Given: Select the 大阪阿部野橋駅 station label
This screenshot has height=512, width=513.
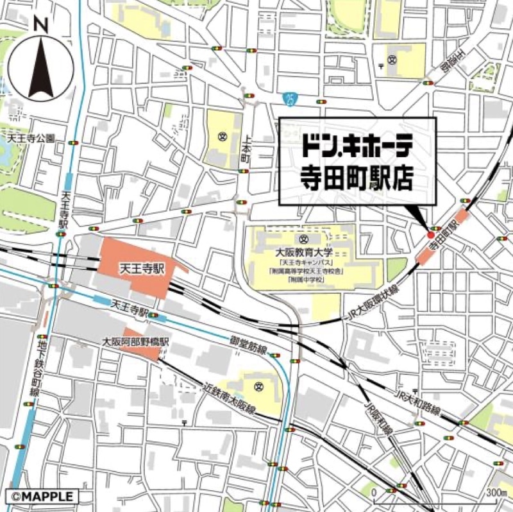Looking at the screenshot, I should (137, 343).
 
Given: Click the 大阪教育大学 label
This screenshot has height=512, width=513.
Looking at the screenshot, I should (307, 253).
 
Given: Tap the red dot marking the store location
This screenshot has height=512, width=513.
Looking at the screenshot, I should (430, 235).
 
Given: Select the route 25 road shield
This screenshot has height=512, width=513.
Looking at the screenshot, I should (292, 98).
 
